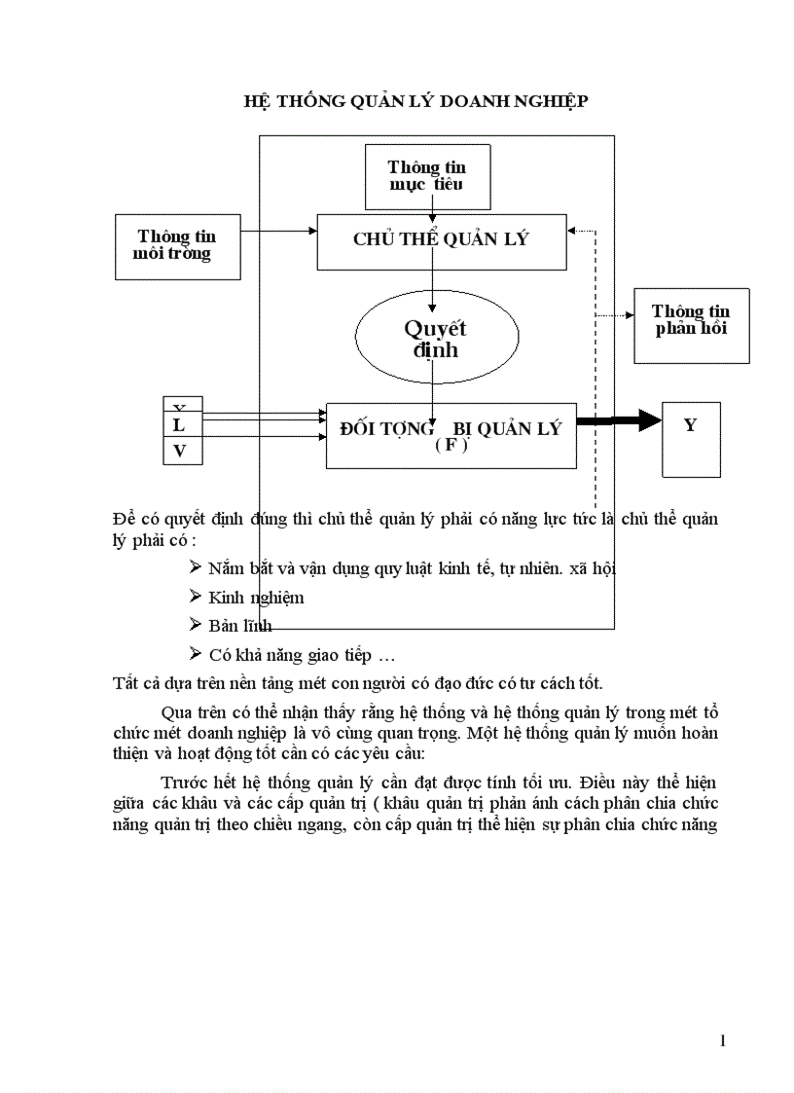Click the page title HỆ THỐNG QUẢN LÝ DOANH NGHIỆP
click(415, 100)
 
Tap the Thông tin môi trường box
click(177, 245)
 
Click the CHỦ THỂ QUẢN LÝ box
click(442, 239)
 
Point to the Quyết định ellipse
click(435, 339)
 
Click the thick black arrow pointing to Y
click(618, 421)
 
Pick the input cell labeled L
click(179, 425)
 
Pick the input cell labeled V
click(179, 451)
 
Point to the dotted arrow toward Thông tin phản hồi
click(613, 314)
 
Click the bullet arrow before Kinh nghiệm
click(196, 596)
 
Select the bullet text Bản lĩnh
click(240, 626)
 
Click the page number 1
click(722, 1041)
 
